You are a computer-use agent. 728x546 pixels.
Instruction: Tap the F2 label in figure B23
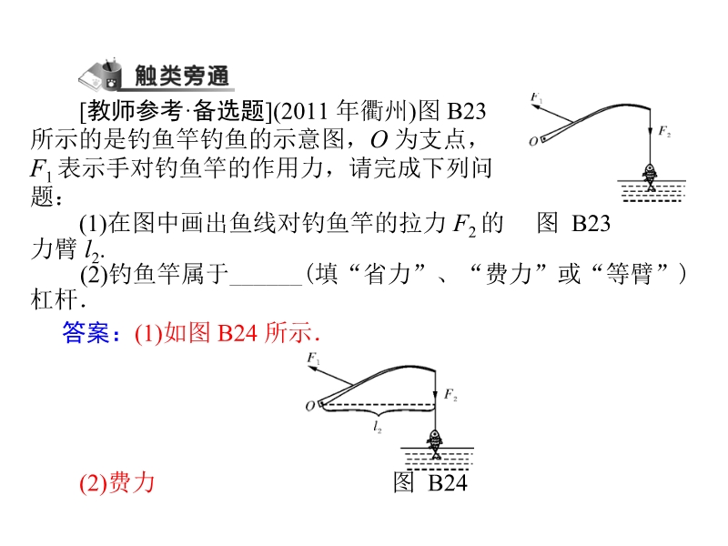click(666, 133)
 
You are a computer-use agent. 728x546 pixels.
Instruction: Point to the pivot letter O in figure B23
click(533, 140)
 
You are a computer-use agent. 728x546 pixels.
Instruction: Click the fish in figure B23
click(650, 174)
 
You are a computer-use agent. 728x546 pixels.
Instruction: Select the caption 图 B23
click(573, 224)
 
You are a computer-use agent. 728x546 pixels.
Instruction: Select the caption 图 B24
click(430, 483)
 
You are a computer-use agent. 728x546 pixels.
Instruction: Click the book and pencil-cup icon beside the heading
click(103, 74)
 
